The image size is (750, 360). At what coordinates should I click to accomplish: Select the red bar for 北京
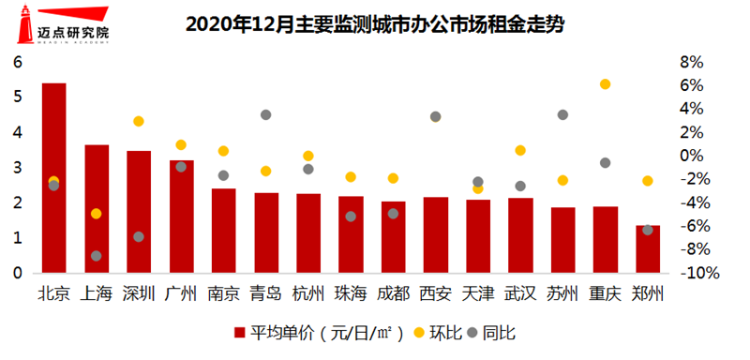54,178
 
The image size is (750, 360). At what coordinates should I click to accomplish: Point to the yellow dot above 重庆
605,84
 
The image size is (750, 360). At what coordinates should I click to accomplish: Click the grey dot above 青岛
265,115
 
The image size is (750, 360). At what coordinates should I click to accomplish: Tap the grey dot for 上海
97,256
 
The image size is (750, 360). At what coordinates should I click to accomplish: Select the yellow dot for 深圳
139,121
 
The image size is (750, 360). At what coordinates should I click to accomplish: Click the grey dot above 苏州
562,115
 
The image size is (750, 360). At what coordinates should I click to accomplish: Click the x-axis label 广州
181,293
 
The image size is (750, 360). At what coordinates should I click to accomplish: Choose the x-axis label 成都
393,293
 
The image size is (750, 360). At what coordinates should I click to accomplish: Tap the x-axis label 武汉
520,293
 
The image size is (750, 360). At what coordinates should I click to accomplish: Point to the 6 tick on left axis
17,62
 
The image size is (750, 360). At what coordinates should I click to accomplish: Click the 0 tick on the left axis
17,274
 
